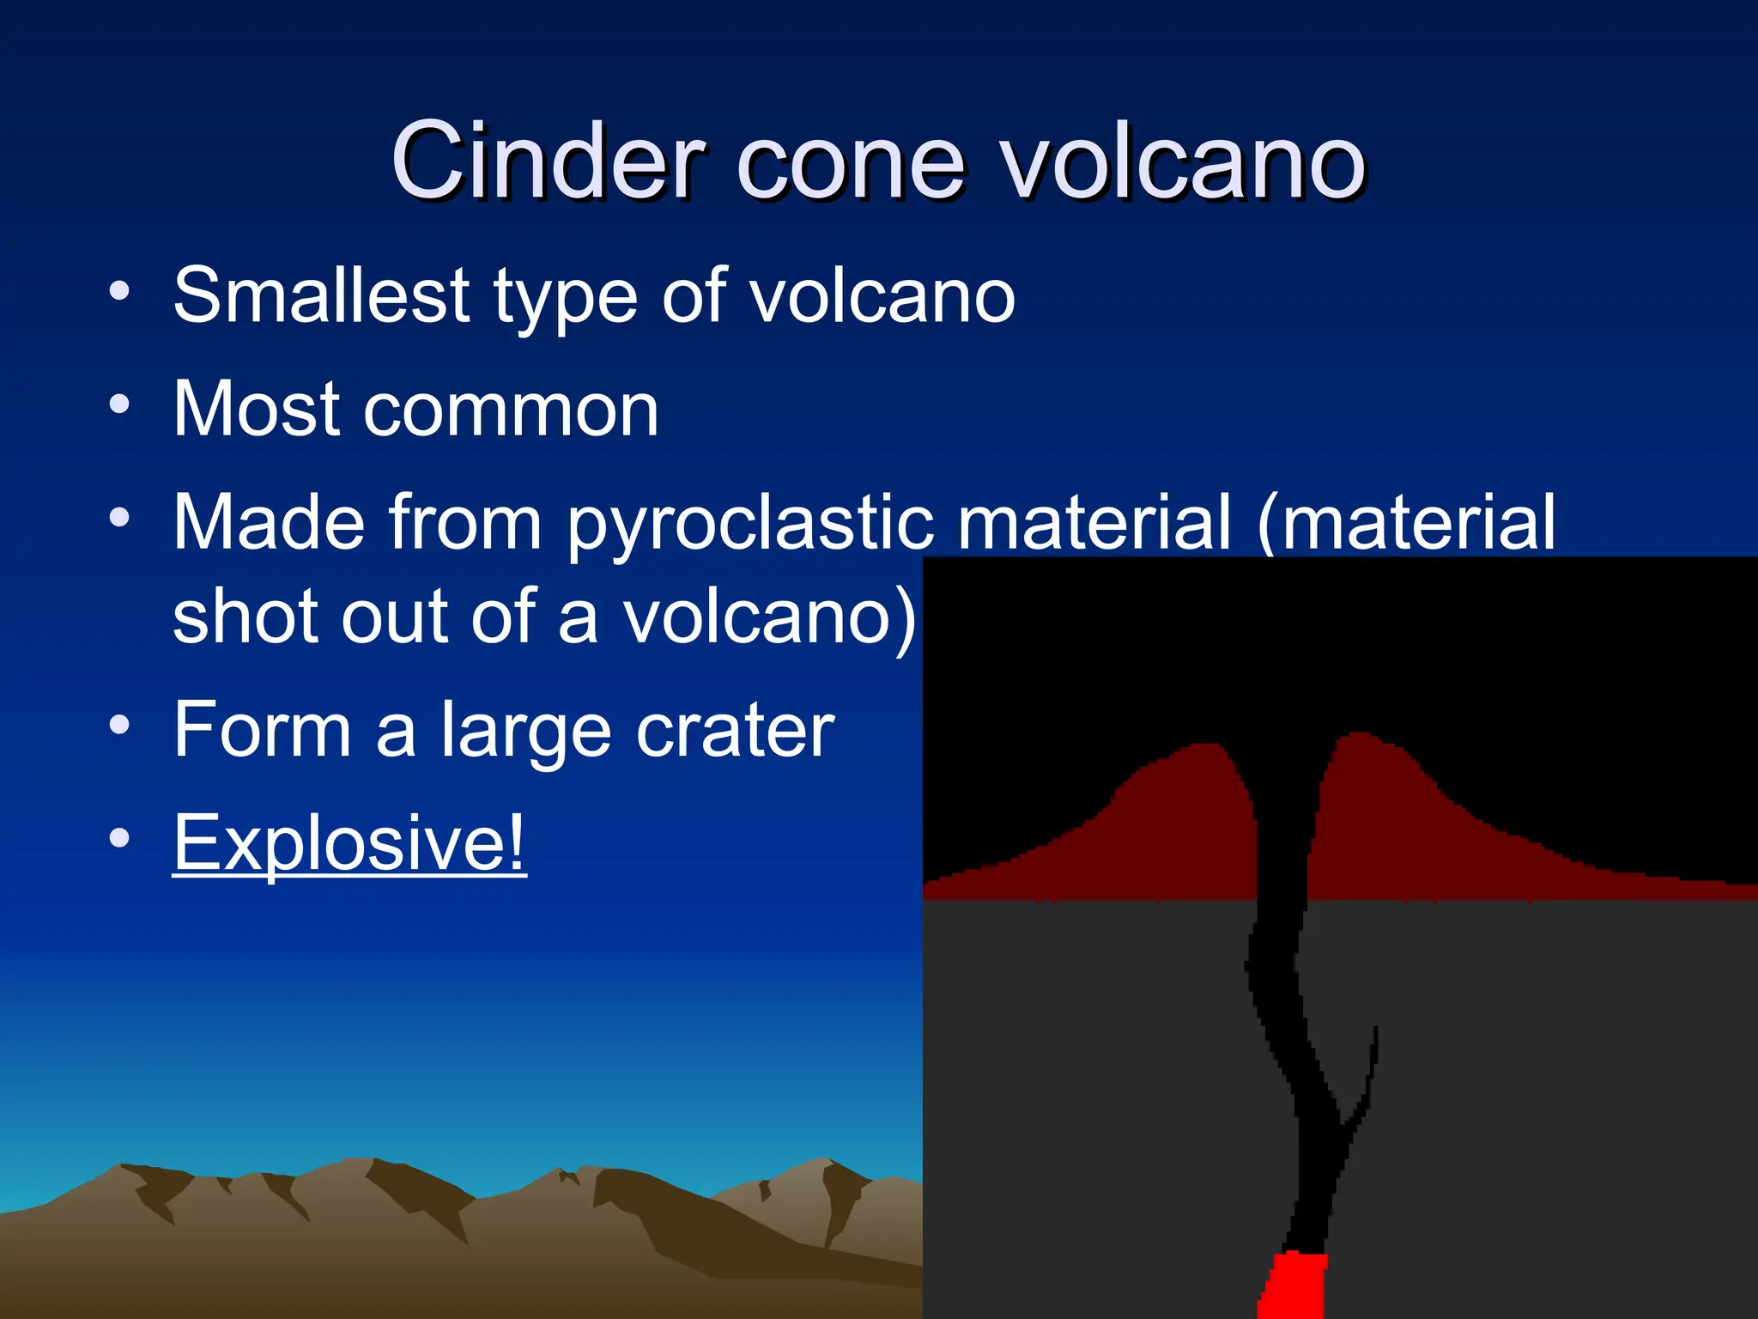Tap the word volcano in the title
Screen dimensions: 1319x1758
click(1185, 161)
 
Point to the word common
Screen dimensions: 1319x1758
click(511, 410)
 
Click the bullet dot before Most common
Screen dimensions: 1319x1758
click(119, 404)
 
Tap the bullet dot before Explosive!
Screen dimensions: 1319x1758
click(119, 837)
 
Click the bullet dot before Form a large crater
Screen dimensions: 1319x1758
click(119, 725)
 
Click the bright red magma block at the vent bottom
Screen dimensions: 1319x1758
click(1294, 1286)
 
